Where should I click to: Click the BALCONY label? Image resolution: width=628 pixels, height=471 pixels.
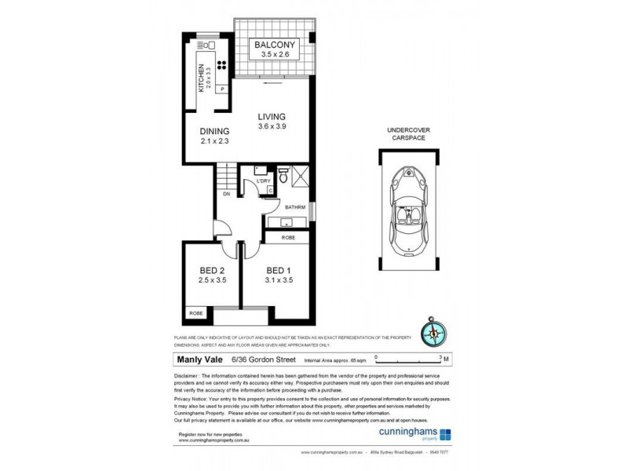click(273, 46)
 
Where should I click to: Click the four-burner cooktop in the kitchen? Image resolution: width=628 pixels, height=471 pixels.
click(221, 67)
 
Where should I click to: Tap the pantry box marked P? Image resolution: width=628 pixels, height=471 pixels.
click(222, 89)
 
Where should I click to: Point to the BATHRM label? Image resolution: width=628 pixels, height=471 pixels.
click(295, 208)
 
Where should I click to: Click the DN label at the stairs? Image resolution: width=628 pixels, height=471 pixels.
click(226, 193)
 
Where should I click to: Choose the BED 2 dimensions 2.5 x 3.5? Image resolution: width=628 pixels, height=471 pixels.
click(212, 280)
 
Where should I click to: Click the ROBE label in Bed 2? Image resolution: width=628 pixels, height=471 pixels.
click(194, 314)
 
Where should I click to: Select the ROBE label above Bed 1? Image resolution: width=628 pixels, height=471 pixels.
click(288, 236)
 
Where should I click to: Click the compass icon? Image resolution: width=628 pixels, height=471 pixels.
click(433, 332)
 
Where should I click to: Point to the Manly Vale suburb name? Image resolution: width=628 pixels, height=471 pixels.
click(197, 360)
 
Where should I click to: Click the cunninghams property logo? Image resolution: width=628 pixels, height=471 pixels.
click(424, 434)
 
